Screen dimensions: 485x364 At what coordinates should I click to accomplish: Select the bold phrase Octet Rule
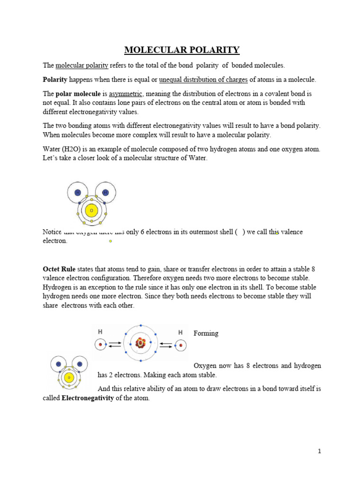point(59,269)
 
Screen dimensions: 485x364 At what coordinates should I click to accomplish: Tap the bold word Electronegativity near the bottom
point(88,398)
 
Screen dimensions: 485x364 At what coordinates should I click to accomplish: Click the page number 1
point(319,451)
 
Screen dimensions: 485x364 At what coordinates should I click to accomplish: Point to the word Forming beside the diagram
point(206,333)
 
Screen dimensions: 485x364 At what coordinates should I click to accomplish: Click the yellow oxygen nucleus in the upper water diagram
point(91,210)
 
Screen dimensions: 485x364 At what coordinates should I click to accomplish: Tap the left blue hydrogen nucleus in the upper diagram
point(78,192)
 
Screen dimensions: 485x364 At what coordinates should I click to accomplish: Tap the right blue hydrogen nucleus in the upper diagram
point(105,192)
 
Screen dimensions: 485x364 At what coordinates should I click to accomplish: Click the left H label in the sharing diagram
point(100,332)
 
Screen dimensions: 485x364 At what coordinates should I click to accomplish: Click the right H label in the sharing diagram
point(180,332)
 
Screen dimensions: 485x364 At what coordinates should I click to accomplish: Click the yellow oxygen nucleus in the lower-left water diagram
point(69,377)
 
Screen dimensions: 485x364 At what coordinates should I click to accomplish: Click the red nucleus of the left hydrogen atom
point(100,345)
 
